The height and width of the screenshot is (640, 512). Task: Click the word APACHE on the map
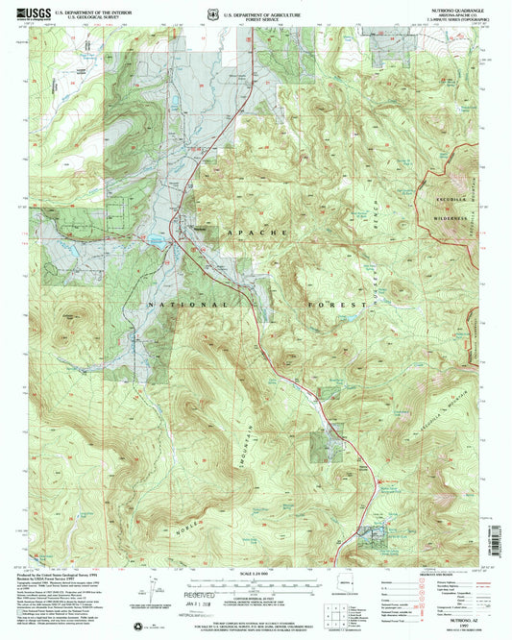[256, 233]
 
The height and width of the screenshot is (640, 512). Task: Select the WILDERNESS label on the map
[448, 218]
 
